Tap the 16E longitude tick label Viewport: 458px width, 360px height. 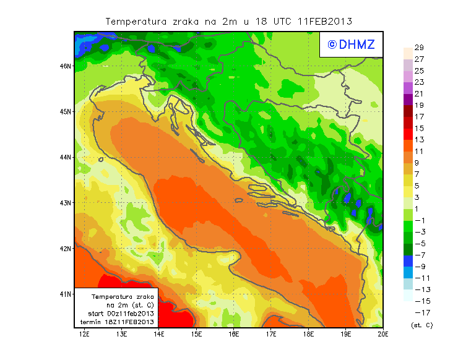[x=234, y=335]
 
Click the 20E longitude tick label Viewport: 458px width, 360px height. [x=383, y=335]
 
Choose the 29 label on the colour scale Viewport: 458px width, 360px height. [x=419, y=48]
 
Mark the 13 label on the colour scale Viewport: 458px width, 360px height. [x=419, y=140]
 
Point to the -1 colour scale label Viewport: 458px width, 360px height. [x=419, y=220]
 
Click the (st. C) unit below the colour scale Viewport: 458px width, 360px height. [x=421, y=325]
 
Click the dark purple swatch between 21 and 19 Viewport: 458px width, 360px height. [x=407, y=100]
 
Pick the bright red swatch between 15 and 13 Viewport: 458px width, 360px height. [x=407, y=134]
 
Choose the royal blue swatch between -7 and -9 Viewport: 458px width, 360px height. [x=407, y=260]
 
